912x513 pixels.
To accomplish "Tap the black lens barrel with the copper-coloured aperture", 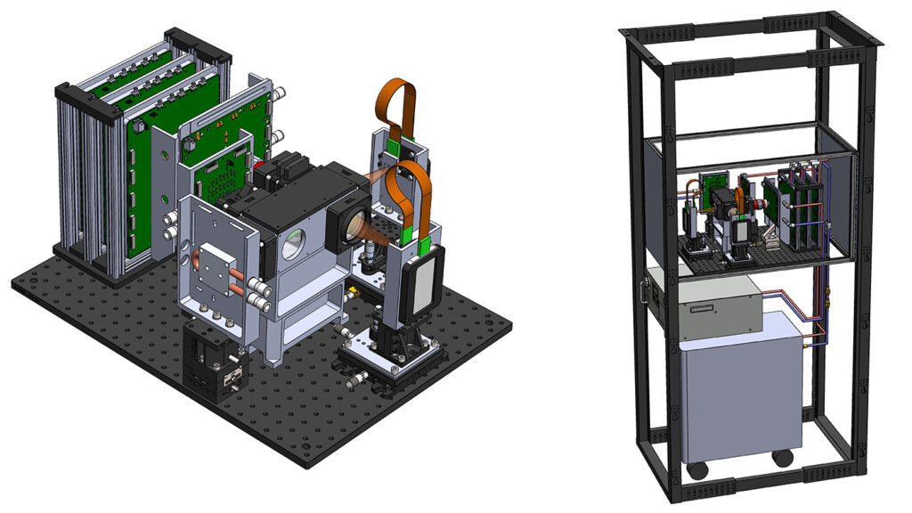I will [x=349, y=223].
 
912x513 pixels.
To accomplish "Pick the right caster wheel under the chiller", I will [x=783, y=458].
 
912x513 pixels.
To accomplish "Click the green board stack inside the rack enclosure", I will [x=793, y=205].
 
